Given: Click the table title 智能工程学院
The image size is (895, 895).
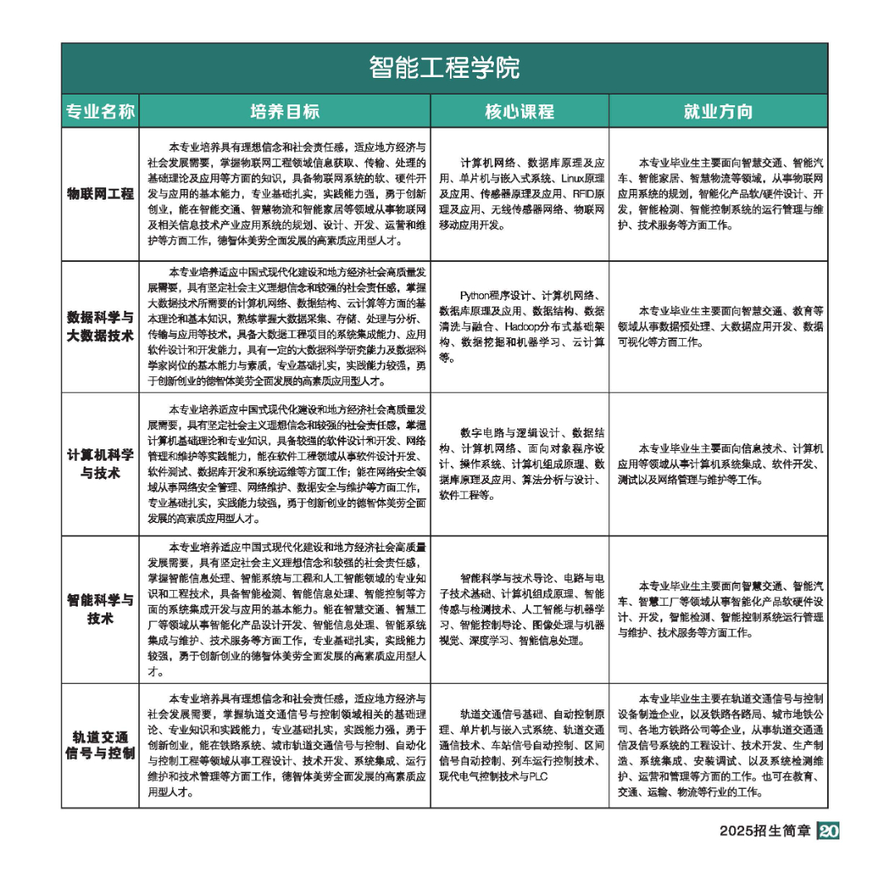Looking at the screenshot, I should pos(444,67).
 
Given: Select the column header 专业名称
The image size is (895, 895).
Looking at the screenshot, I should pos(100,111).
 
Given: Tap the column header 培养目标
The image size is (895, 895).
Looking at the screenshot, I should pos(284,111).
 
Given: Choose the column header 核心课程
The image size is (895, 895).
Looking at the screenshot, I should pos(520,111).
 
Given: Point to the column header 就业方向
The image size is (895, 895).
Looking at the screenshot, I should pos(718,111).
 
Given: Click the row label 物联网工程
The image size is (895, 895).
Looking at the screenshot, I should pos(100,194).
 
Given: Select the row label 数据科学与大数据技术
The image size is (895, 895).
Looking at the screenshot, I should pos(100,327).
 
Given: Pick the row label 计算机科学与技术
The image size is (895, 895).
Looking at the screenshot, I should pos(100,464).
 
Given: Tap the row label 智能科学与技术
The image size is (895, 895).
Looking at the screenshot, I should pos(100,608).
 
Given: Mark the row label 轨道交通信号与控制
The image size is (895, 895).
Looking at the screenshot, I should pos(100,745).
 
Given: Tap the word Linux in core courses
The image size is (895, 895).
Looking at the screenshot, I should pos(573,178).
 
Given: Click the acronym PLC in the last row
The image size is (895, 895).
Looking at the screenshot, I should pos(539,776).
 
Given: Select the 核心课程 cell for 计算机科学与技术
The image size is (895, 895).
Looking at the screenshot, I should pos(520,464).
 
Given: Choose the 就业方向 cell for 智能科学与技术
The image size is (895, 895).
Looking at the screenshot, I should pos(718,609).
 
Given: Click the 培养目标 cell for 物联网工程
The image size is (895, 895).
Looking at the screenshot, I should pos(284,194).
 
